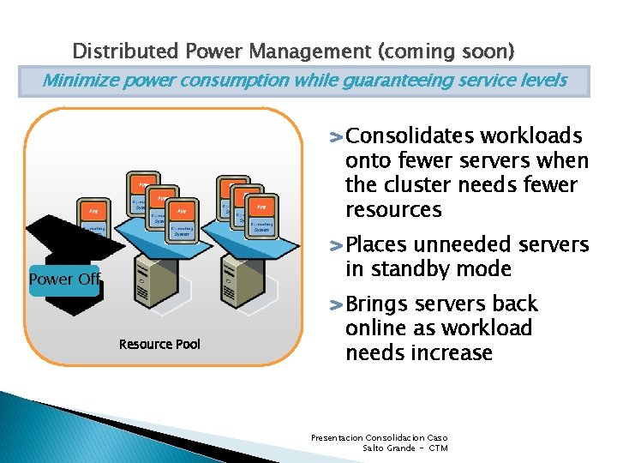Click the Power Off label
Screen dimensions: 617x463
click(x=64, y=280)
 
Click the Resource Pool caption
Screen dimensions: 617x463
click(x=159, y=344)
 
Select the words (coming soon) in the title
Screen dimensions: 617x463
click(x=443, y=51)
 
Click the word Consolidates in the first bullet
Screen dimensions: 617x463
click(x=410, y=136)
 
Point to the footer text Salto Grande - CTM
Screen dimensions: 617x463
click(x=405, y=448)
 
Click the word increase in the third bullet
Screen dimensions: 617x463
click(x=457, y=352)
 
